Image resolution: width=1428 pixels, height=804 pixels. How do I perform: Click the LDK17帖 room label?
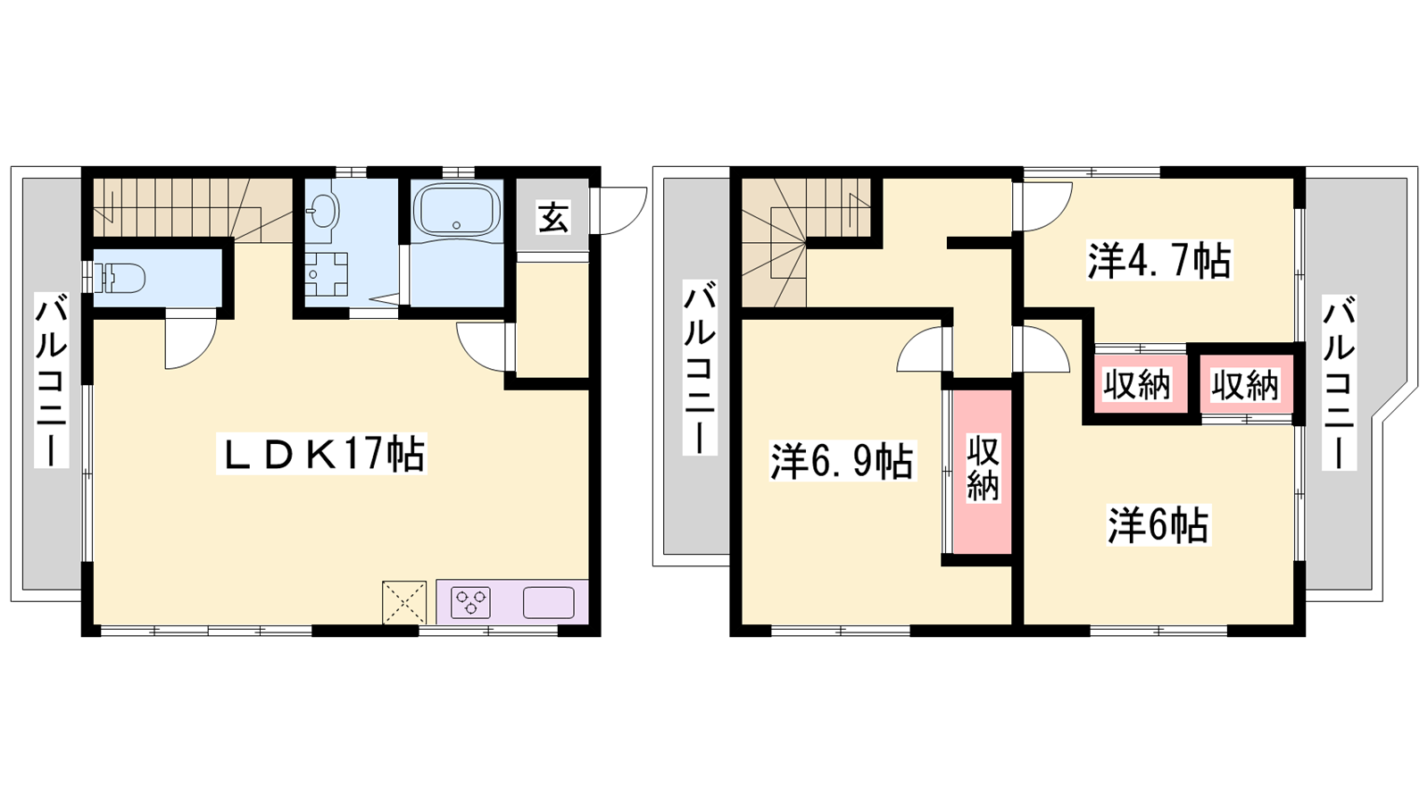click(321, 454)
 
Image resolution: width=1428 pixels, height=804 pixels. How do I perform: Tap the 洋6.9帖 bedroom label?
click(843, 461)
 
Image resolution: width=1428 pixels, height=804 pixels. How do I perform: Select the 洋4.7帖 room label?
click(1159, 260)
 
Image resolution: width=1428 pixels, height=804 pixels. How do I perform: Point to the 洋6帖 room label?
click(1158, 526)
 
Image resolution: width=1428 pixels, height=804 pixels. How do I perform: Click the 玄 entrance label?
click(552, 217)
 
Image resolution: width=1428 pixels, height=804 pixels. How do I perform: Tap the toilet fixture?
click(120, 278)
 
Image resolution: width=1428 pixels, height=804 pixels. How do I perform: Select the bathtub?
click(456, 210)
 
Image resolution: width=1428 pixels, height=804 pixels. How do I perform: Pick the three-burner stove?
click(470, 602)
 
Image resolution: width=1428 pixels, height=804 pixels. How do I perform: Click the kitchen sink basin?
click(548, 602)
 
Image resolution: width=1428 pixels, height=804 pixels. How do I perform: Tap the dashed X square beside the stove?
click(404, 602)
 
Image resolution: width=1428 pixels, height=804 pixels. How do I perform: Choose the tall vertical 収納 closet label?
click(983, 469)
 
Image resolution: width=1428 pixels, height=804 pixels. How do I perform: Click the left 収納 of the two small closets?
click(1137, 385)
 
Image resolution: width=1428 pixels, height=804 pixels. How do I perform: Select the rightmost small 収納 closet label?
click(1245, 385)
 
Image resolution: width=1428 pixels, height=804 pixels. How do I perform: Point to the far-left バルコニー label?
click(52, 381)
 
